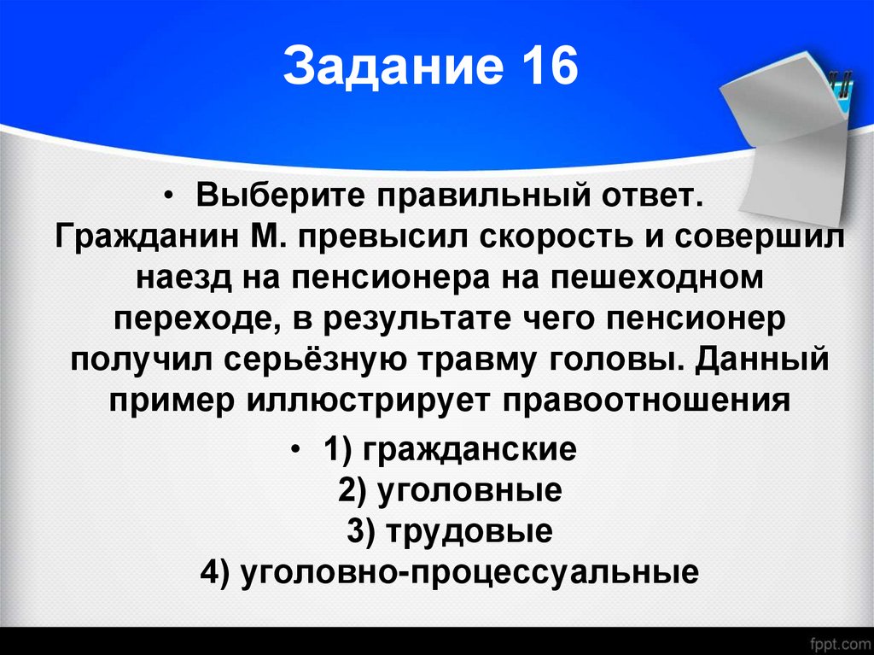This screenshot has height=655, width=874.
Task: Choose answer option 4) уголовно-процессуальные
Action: tap(450, 571)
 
